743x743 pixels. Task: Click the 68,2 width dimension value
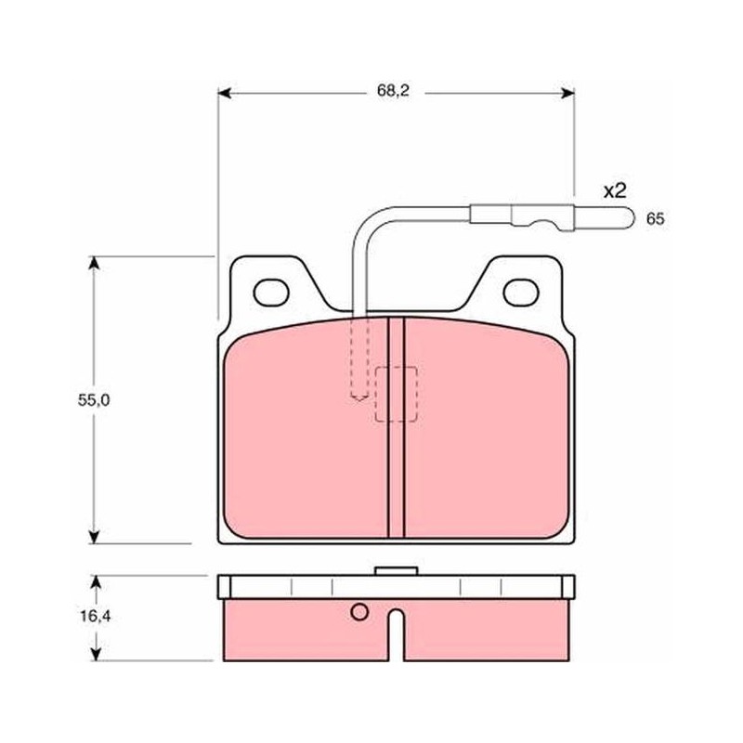point(393,91)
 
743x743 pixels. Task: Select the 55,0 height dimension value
point(94,400)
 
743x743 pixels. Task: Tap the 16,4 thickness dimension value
point(96,616)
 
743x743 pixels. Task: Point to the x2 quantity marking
point(615,191)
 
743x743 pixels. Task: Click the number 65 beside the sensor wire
point(656,219)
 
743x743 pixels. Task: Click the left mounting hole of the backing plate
point(271,293)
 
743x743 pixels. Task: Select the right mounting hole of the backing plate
point(521,293)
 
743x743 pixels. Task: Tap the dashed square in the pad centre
point(397,394)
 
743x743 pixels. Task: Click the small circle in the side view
point(359,612)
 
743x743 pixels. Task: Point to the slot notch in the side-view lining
point(397,635)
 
